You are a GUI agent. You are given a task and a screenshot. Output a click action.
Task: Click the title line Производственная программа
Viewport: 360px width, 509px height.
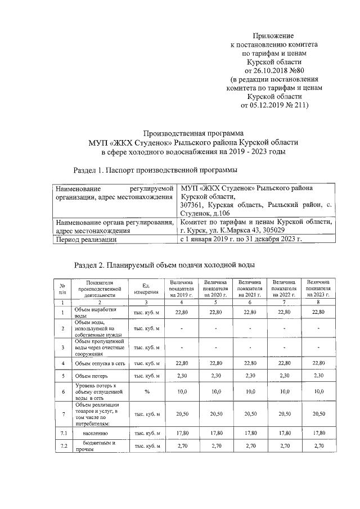pos(193,134)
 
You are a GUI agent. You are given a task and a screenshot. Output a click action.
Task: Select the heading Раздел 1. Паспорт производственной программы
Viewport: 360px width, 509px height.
pos(155,169)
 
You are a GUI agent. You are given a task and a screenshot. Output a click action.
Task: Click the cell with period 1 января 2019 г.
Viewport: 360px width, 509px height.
pos(240,240)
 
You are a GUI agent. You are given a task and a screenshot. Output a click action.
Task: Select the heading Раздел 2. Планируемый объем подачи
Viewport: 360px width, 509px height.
pos(165,264)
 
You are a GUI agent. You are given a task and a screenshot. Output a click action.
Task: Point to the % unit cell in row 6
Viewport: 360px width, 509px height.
pos(146,391)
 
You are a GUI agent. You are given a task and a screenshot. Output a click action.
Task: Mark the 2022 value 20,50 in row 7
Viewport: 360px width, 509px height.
pos(284,414)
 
